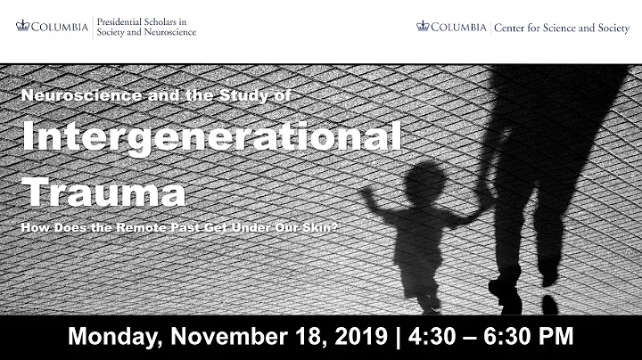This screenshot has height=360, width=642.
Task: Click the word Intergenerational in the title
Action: (x=211, y=138)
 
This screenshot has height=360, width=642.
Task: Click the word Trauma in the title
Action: (x=104, y=191)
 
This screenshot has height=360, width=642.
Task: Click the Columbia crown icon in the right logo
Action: (x=423, y=25)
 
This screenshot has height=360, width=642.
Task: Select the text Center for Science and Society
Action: (x=560, y=26)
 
